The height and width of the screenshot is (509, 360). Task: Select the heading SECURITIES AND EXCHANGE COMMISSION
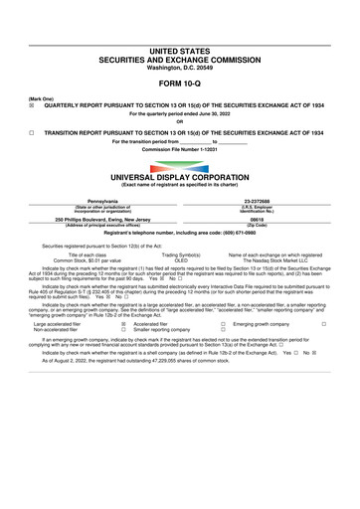pyautogui.click(x=179, y=31)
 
